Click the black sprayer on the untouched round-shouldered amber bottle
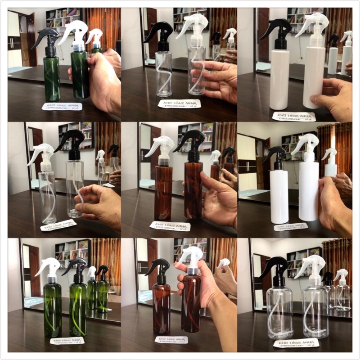pos(159,270)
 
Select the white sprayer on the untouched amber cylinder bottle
pos(160,148)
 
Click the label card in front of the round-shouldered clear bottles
pos(296,343)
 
